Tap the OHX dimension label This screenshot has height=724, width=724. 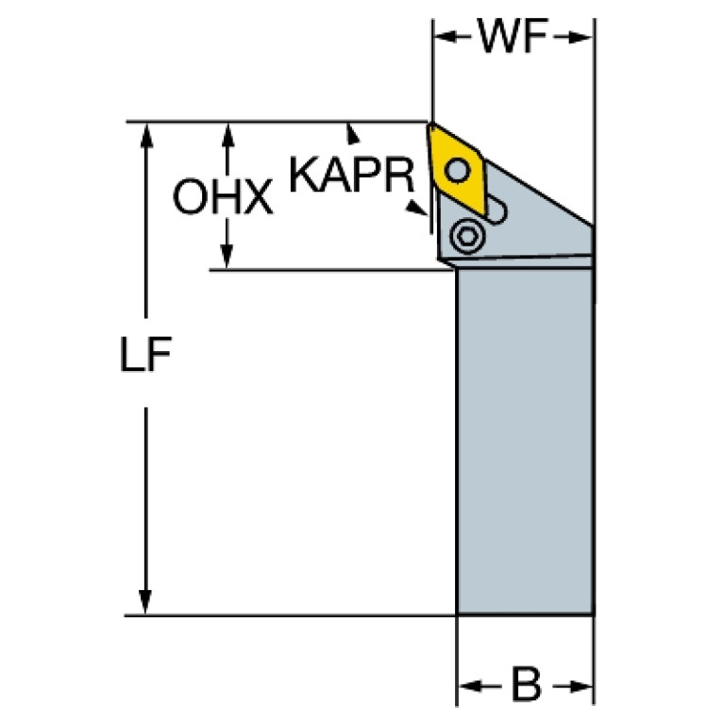pyautogui.click(x=223, y=197)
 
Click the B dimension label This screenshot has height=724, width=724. pyautogui.click(x=524, y=682)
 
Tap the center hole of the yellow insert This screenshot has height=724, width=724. pyautogui.click(x=459, y=171)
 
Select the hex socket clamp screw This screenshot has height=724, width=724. pyautogui.click(x=464, y=236)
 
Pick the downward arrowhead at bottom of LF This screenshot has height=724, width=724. pyautogui.click(x=145, y=601)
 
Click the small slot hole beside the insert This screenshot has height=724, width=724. pyautogui.click(x=497, y=209)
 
